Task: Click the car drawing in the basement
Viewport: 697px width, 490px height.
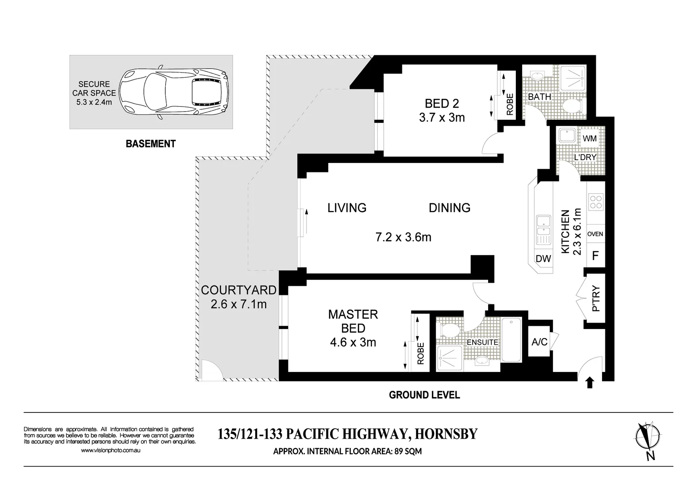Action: (174, 92)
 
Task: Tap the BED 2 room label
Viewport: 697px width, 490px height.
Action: (442, 103)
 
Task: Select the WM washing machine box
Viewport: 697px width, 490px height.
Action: (589, 138)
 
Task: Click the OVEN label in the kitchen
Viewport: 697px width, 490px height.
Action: (595, 234)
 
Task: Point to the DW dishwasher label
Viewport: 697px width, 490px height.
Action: (543, 258)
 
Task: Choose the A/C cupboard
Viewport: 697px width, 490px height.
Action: (539, 342)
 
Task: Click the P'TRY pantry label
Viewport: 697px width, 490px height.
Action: (596, 299)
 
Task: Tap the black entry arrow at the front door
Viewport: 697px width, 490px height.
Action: (590, 383)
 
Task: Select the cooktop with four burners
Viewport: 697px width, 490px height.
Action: (596, 202)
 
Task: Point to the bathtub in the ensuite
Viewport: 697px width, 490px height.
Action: (511, 339)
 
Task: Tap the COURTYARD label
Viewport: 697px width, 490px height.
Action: (239, 290)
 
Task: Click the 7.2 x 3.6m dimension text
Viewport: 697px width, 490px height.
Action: (403, 237)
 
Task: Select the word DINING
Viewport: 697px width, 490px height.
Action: (450, 208)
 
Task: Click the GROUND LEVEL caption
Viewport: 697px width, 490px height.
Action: (425, 395)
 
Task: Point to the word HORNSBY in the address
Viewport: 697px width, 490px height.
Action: (446, 434)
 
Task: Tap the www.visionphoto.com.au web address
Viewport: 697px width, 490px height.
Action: (110, 450)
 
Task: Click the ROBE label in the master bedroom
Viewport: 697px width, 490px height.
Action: (420, 353)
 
